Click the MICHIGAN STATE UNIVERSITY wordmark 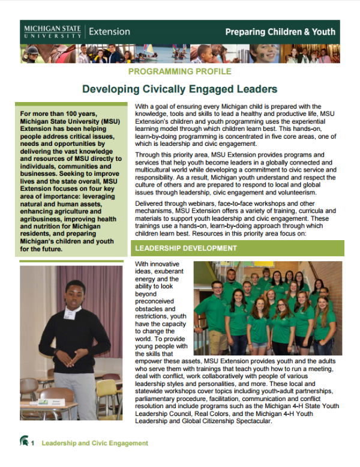53,32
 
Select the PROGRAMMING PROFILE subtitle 180,71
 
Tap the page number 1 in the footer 34,443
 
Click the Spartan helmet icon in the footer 23,443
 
